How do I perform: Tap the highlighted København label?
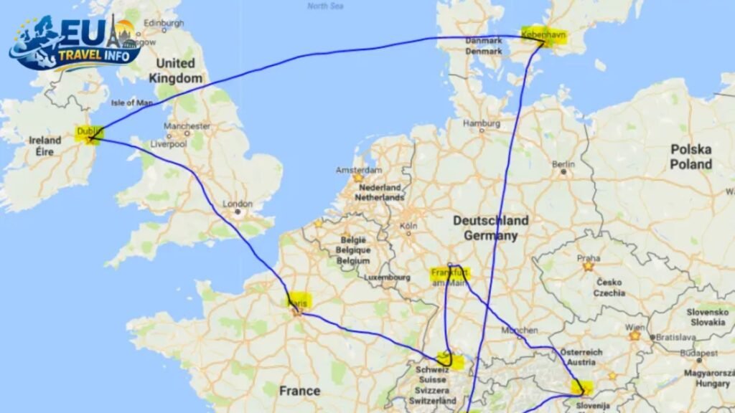click(544, 34)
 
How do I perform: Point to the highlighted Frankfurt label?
click(449, 273)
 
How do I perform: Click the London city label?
click(237, 204)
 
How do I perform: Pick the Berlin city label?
click(563, 163)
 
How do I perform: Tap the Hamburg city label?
click(482, 123)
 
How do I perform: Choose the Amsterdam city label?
click(359, 170)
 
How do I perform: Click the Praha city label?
click(588, 256)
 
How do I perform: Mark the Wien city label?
click(635, 326)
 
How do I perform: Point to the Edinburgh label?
click(164, 23)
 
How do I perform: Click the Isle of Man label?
click(132, 103)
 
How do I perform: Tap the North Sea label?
click(326, 6)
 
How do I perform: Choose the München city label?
click(520, 331)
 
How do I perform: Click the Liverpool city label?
click(169, 143)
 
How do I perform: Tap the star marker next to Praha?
click(588, 266)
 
